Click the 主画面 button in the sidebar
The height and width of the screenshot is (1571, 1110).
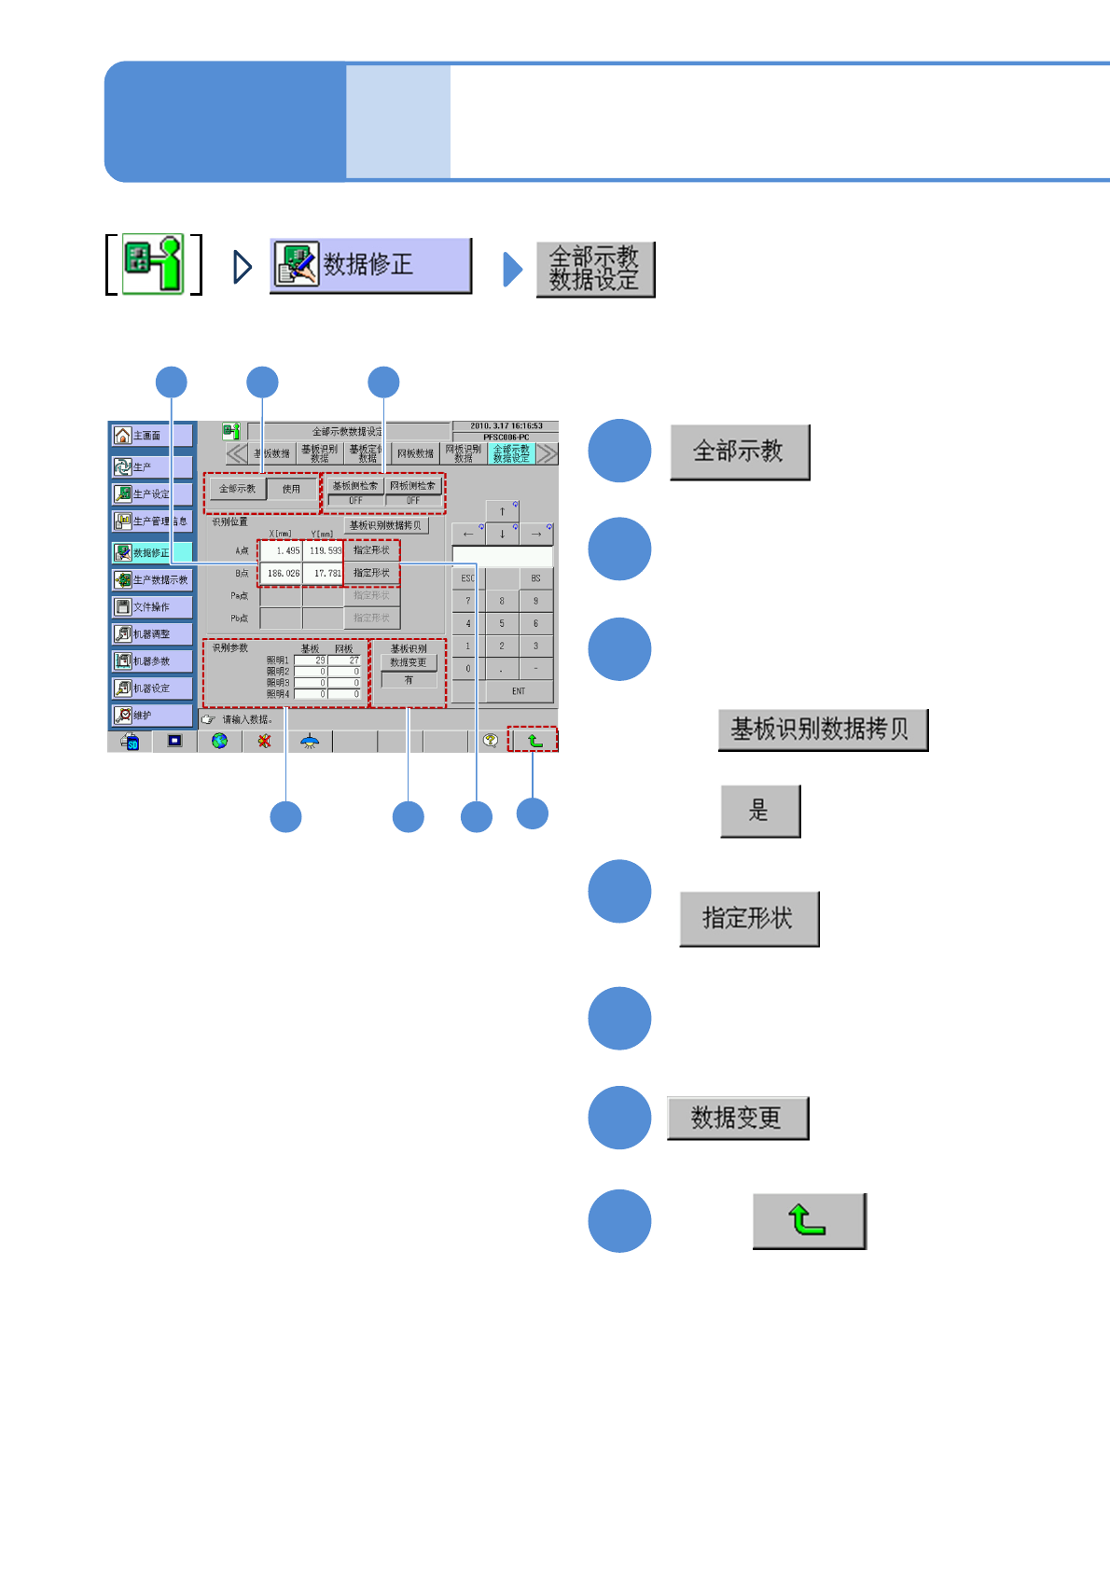152,436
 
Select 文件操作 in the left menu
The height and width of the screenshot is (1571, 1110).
152,607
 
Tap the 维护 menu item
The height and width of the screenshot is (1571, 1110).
152,716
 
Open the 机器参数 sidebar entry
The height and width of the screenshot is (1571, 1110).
152,661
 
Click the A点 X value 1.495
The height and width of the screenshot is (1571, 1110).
281,550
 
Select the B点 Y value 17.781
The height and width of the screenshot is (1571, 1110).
324,573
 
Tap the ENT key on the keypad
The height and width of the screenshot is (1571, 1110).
519,691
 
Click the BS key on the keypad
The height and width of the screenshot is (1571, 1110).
535,578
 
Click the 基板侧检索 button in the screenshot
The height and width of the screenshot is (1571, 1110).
355,486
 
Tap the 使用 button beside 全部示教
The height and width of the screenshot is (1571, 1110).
292,489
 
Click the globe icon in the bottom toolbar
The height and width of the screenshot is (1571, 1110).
219,741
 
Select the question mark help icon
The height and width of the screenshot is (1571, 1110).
490,741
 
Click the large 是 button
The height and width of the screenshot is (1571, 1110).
760,811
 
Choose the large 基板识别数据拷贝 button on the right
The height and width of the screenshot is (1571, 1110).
822,730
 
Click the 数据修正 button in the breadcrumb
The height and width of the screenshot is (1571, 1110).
370,266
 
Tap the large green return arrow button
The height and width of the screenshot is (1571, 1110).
809,1220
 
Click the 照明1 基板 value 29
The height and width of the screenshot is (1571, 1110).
311,660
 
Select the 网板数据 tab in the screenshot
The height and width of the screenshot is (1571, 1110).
415,454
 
